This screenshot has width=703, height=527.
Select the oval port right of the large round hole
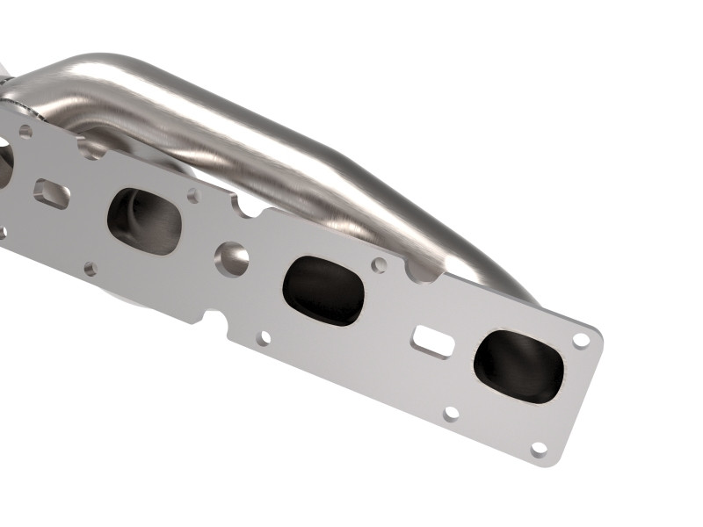[x=324, y=289]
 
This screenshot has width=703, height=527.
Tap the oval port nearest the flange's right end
[x=518, y=366]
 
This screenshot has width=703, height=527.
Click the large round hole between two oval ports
[x=232, y=256]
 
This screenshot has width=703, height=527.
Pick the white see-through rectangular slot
[x=433, y=341]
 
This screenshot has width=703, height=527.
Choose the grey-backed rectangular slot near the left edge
[x=52, y=193]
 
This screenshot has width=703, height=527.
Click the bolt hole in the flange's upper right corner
[x=581, y=339]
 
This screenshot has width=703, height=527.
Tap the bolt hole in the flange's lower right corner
[x=539, y=448]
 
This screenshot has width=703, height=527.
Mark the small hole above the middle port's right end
[x=379, y=264]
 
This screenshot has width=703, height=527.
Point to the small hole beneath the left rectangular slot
[x=90, y=268]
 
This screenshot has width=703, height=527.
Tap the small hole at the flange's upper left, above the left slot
[x=25, y=133]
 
